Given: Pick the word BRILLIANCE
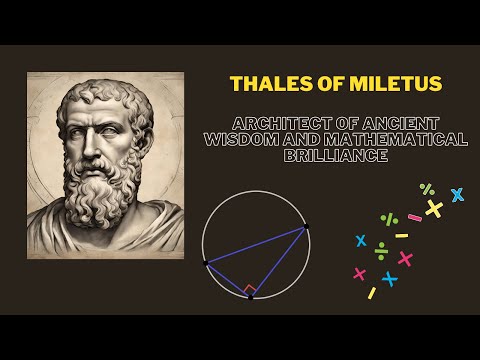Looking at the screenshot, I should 335,156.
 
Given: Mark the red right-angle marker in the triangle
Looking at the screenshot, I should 250,290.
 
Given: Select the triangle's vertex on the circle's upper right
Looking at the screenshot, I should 305,227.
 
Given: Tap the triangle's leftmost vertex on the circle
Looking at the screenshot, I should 206,263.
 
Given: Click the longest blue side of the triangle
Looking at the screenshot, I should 255,245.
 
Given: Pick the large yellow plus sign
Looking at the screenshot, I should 434,208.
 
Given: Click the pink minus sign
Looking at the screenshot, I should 414,217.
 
